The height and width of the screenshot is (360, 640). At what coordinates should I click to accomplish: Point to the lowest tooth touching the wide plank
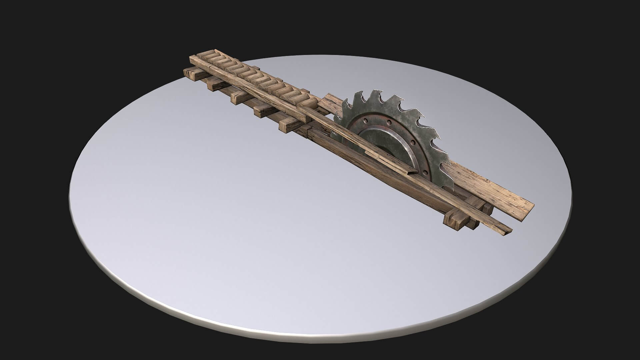445,167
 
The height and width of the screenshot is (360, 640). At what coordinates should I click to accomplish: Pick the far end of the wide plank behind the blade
328,100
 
